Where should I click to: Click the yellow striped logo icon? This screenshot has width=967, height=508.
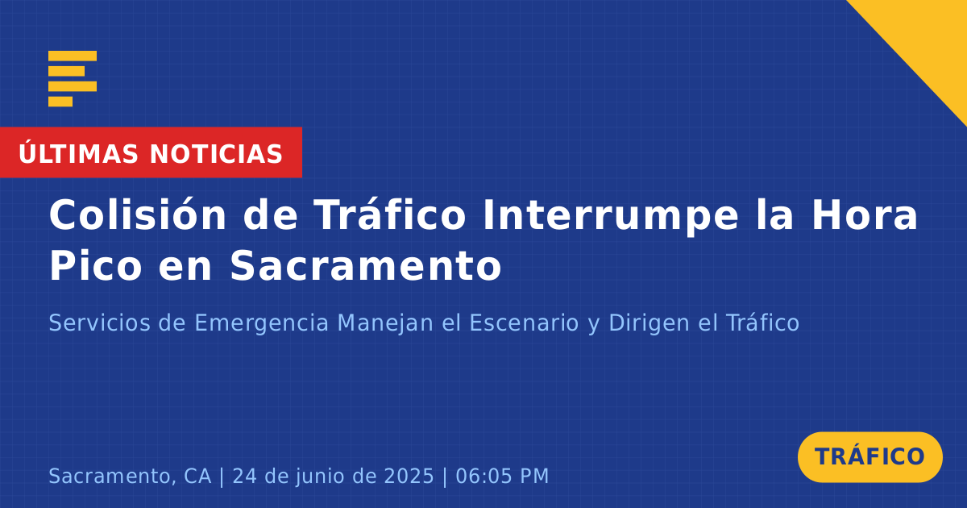(73, 79)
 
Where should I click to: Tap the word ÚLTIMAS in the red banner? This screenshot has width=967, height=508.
(78, 153)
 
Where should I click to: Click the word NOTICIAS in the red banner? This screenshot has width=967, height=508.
(216, 154)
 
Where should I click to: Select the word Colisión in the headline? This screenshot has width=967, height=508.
(138, 214)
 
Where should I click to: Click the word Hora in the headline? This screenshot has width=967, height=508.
(865, 214)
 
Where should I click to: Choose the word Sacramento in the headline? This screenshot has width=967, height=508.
(366, 265)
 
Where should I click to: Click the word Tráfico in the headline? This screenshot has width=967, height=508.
(390, 214)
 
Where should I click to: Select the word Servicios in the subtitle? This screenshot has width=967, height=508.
(100, 323)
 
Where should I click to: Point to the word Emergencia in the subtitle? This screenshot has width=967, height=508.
(262, 324)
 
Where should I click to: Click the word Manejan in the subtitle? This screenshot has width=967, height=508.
(385, 324)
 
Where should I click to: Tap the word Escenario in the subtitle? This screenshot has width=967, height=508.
(524, 323)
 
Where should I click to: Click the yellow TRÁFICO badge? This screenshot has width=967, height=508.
(869, 456)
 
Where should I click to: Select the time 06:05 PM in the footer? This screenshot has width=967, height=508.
(502, 476)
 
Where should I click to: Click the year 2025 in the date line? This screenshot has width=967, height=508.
(409, 476)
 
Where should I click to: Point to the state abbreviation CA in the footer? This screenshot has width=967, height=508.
(197, 476)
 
